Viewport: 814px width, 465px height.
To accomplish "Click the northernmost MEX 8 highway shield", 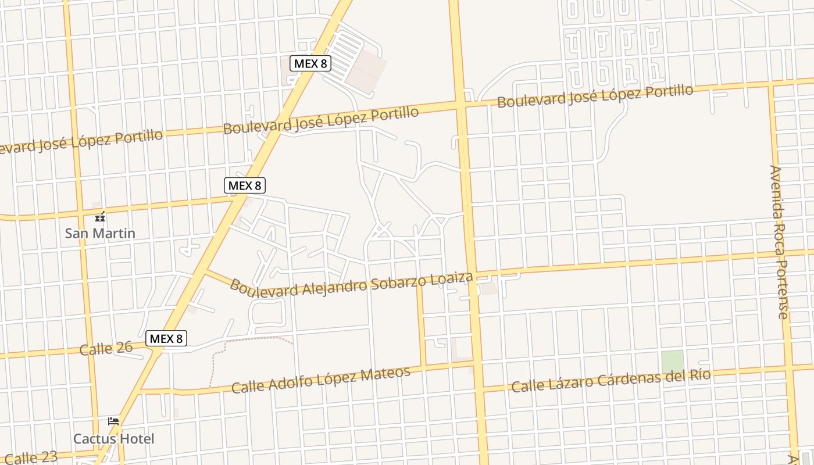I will [311, 63].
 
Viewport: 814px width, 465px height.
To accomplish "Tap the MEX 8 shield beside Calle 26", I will [167, 338].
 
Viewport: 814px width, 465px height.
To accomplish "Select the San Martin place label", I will [100, 234].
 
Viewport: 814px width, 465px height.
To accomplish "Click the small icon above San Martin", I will [101, 217].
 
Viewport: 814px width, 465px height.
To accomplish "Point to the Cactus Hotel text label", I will [114, 438].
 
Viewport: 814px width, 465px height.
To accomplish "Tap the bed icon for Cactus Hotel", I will [113, 421].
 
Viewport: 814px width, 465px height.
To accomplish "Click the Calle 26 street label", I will [106, 349].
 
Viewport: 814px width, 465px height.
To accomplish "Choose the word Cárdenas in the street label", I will [621, 379].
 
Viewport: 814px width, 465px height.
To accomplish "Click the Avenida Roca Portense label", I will [779, 241].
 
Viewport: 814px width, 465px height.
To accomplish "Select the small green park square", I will [672, 362].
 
